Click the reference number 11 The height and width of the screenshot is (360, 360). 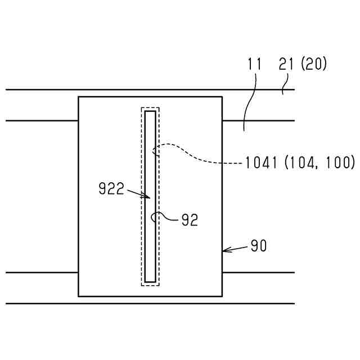255,64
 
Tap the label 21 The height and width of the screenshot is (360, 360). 286,64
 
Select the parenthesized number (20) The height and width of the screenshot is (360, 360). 314,64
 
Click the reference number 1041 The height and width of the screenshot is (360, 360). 261,163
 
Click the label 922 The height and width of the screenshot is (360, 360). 111,188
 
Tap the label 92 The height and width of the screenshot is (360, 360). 190,220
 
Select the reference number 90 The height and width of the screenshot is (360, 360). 259,246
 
